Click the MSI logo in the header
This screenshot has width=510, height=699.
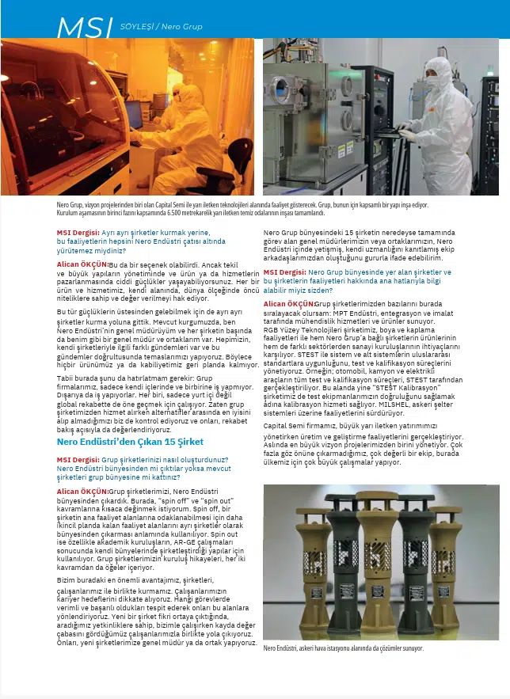85,27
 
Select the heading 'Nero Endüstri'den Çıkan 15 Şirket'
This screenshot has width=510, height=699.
130,442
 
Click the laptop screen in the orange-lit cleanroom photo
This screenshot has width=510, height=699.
132,114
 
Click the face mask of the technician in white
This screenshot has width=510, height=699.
433,80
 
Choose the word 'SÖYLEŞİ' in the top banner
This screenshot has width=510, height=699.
137,27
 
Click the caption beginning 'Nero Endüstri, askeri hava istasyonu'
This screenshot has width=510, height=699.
343,648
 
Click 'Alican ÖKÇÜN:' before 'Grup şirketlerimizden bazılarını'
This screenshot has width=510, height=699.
288,304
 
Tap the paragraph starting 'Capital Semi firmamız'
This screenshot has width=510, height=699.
363,425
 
